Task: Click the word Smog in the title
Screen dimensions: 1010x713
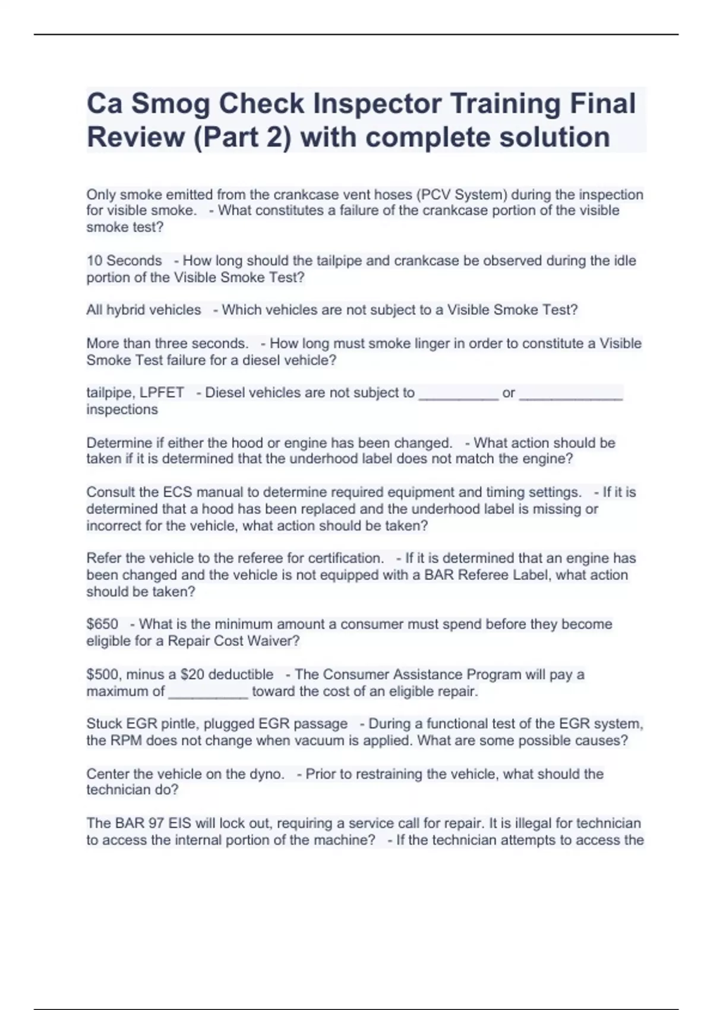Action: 171,105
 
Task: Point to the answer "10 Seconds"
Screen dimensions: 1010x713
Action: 124,261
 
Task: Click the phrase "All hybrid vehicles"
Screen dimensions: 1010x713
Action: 144,310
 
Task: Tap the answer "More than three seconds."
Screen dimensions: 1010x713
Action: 168,343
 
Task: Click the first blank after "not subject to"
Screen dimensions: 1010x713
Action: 458,394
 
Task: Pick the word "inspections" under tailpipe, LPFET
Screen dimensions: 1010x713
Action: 122,409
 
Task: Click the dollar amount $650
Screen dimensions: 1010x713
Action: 102,624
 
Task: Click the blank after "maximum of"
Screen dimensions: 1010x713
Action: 208,692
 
